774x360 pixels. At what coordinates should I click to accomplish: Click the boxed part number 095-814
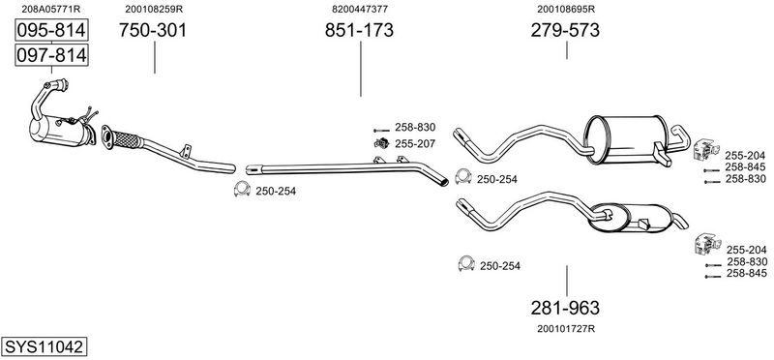(x=51, y=31)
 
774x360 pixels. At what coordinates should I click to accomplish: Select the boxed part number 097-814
(x=51, y=55)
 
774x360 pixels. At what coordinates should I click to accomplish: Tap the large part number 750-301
(x=153, y=31)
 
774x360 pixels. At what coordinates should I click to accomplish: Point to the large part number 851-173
(x=359, y=31)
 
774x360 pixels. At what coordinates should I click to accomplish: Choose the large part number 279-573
(x=565, y=31)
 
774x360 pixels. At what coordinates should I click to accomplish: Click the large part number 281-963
(x=565, y=308)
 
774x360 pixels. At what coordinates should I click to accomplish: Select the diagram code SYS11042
(x=44, y=346)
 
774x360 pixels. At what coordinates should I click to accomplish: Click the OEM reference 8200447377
(x=360, y=9)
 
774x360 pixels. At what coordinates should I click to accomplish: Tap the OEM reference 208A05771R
(x=51, y=9)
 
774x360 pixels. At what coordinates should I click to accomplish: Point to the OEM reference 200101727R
(x=566, y=328)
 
